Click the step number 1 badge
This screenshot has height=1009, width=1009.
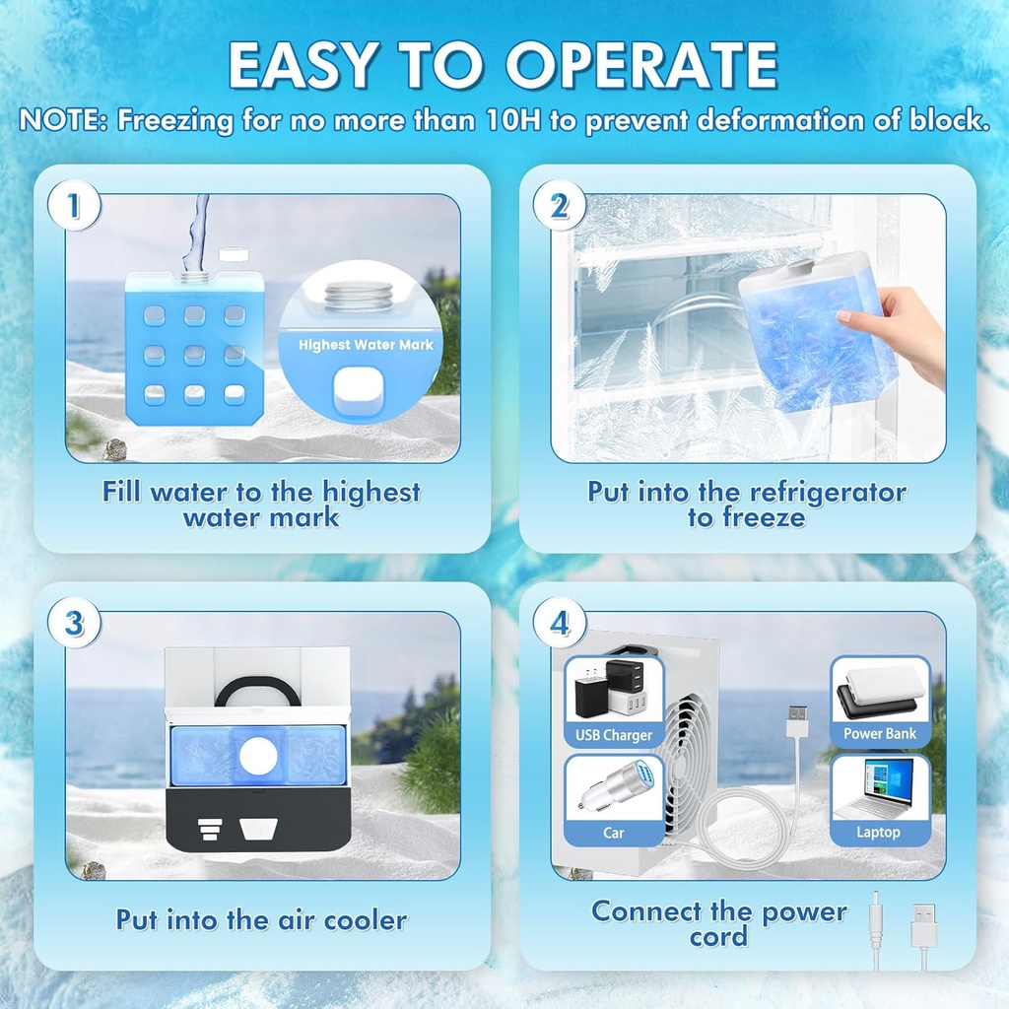click(72, 207)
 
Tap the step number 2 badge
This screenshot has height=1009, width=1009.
click(559, 207)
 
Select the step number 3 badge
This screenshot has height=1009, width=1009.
click(73, 625)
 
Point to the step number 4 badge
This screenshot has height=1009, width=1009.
click(559, 625)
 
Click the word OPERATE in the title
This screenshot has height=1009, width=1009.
click(642, 65)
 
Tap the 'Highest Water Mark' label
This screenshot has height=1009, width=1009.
click(366, 345)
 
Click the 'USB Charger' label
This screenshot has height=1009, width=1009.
click(614, 735)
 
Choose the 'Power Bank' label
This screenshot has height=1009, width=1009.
click(879, 734)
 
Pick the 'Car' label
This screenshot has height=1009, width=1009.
click(614, 833)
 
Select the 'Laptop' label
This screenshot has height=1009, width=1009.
click(878, 833)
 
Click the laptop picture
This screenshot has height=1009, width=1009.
click(877, 787)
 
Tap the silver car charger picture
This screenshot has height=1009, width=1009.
click(613, 787)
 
